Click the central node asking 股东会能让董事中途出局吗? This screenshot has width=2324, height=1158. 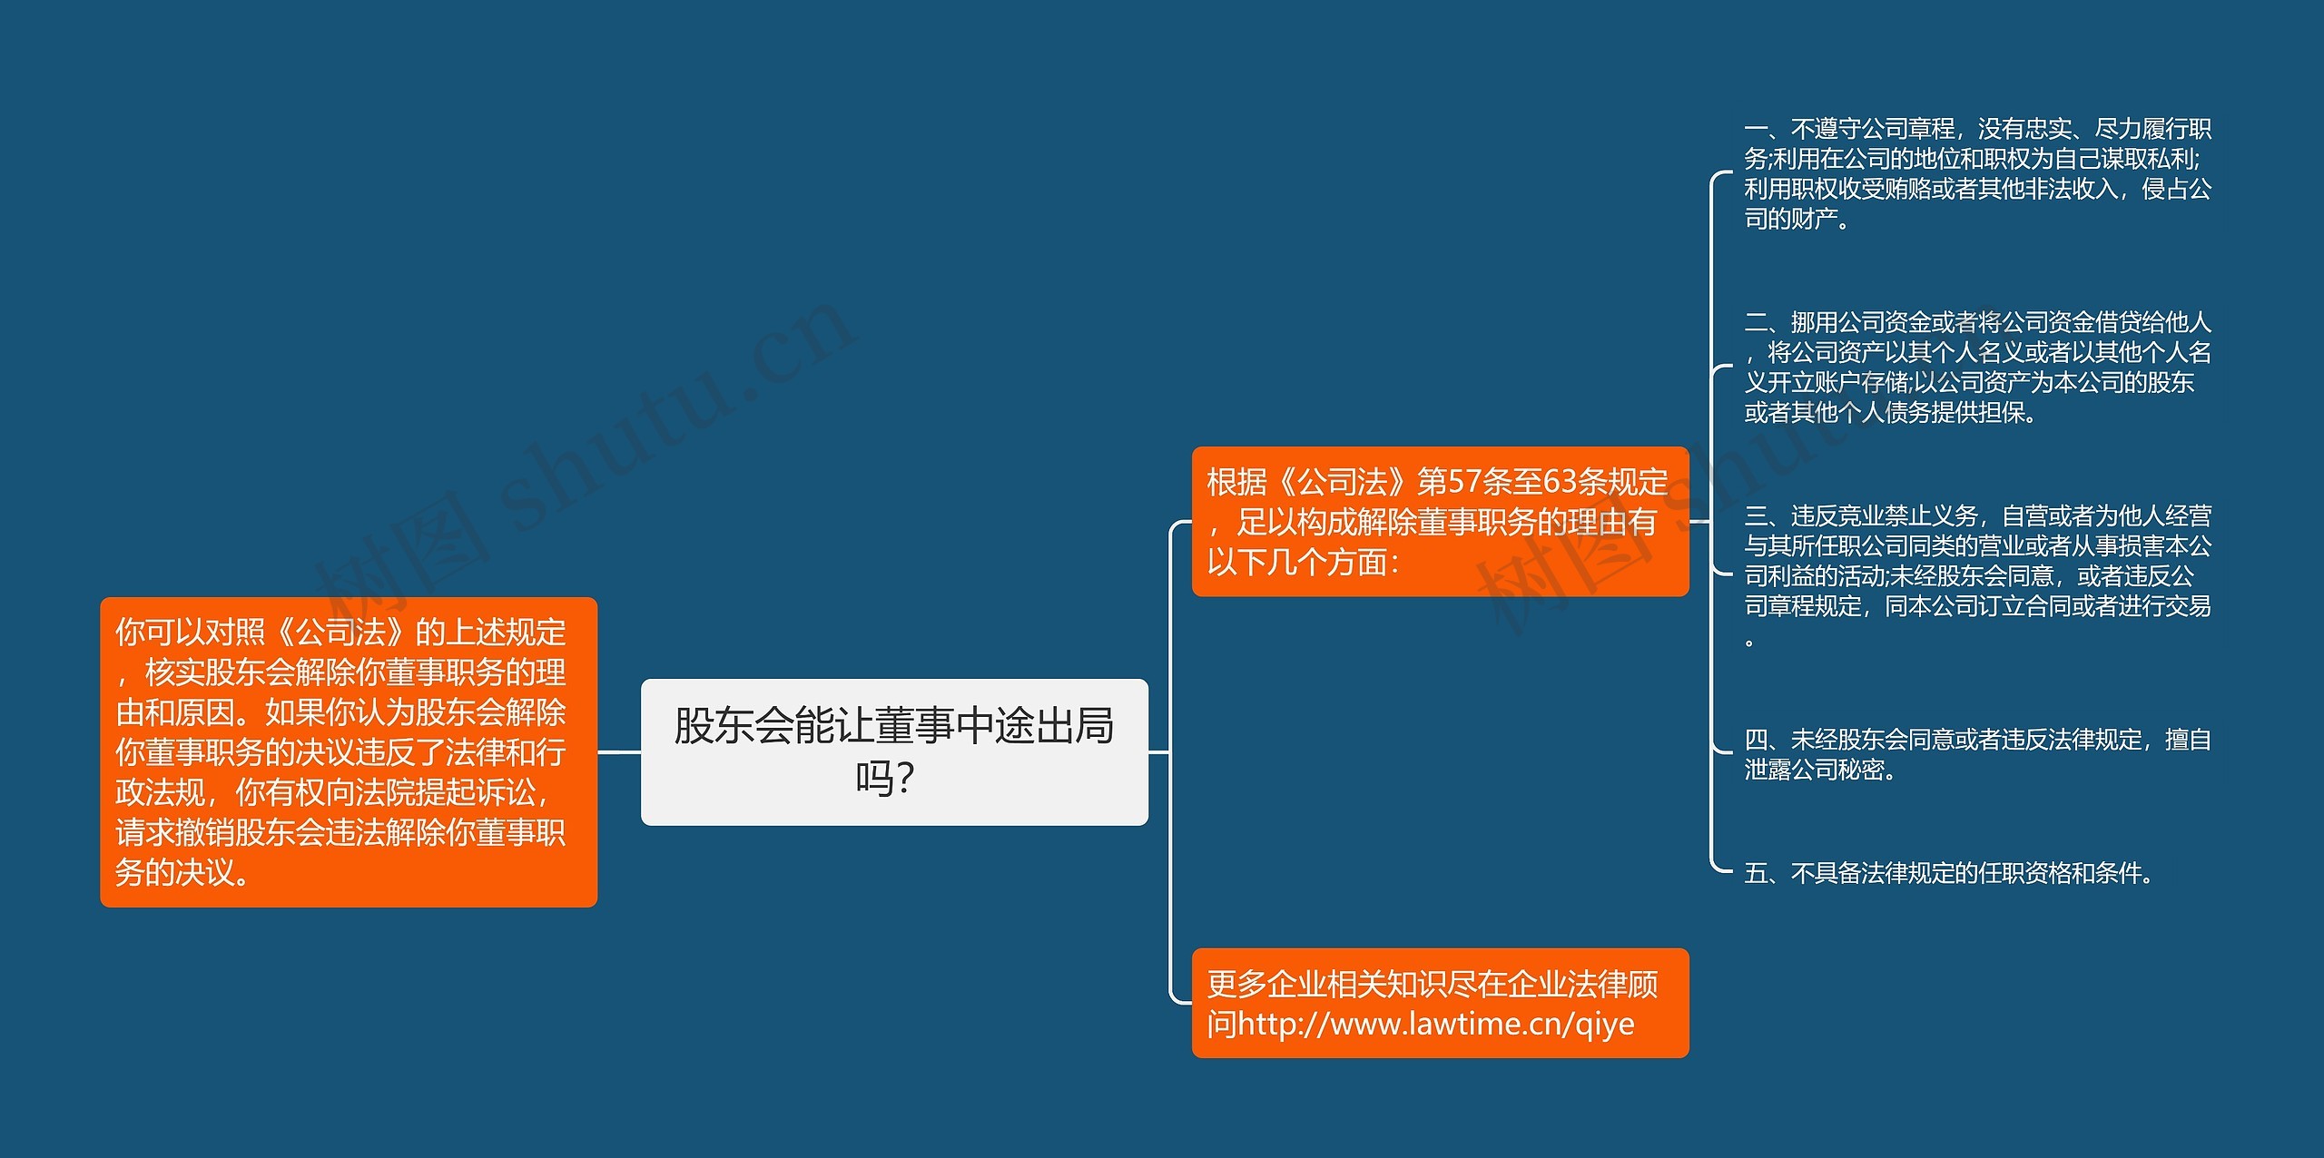pos(894,751)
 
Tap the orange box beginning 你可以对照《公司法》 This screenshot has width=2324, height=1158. pos(349,751)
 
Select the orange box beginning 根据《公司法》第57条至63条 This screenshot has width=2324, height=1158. pos(1440,522)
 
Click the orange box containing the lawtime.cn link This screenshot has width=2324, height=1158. pos(1440,1003)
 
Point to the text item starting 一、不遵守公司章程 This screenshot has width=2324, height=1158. pos(1977,173)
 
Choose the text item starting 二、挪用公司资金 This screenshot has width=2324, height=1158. pos(1977,367)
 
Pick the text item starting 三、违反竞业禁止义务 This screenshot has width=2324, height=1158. pos(1977,575)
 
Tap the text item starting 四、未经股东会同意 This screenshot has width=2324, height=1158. pos(1977,754)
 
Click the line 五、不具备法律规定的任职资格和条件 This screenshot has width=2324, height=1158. pos(1948,873)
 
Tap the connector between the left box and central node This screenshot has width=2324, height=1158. pos(619,751)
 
